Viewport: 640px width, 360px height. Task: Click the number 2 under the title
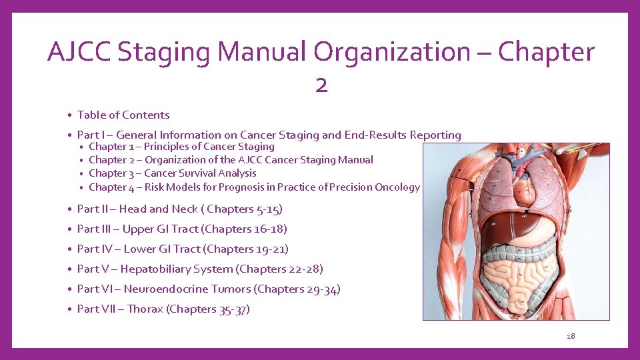pos(321,85)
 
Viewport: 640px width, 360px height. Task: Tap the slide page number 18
pos(571,336)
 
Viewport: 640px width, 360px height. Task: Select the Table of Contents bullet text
pos(123,115)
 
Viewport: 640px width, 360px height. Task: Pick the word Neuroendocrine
pos(166,289)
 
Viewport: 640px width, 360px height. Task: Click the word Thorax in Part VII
pos(145,309)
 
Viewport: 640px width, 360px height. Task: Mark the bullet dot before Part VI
pos(69,290)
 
